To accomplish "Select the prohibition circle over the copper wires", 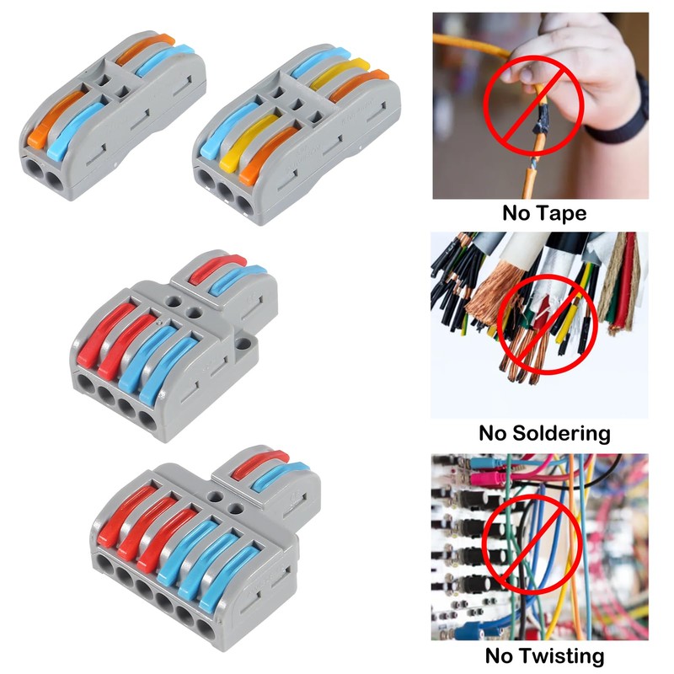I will [547, 323].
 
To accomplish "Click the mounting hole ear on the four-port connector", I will [244, 343].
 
